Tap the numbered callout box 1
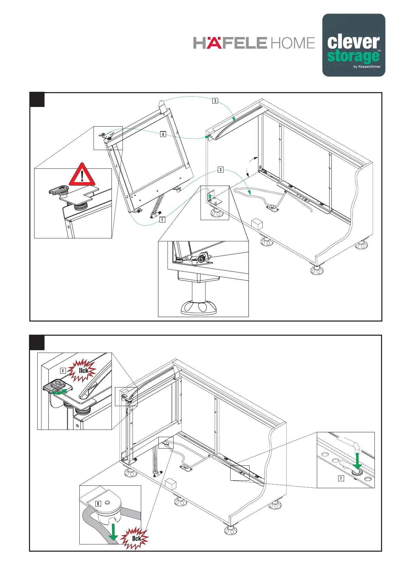click(x=162, y=219)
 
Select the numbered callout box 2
click(x=221, y=170)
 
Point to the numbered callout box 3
click(x=215, y=101)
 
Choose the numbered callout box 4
click(x=163, y=134)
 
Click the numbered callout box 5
click(x=63, y=371)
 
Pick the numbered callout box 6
click(x=98, y=504)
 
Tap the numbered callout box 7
click(x=341, y=478)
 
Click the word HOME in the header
click(x=293, y=43)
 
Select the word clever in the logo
click(x=353, y=42)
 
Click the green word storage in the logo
click(x=352, y=56)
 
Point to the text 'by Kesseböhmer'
click(x=367, y=67)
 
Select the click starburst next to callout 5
click(x=81, y=371)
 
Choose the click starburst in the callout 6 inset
click(x=135, y=538)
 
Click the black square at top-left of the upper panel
click(x=37, y=100)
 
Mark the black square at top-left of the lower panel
click(x=37, y=342)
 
